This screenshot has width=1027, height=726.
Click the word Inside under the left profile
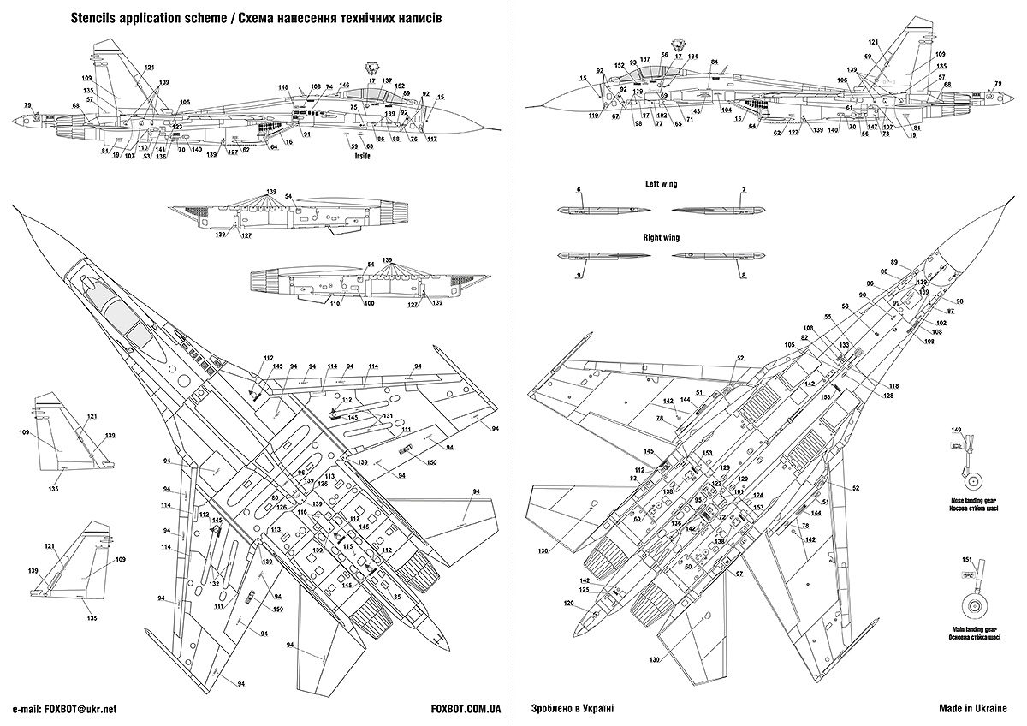coord(361,158)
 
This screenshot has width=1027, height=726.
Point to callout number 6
coord(579,189)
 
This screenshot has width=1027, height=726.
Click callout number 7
coord(744,189)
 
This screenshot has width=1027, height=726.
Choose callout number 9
coord(579,275)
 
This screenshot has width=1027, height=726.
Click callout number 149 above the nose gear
coord(957,430)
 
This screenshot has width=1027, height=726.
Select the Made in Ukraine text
coord(973,709)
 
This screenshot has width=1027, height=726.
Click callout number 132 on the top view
coord(213,584)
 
